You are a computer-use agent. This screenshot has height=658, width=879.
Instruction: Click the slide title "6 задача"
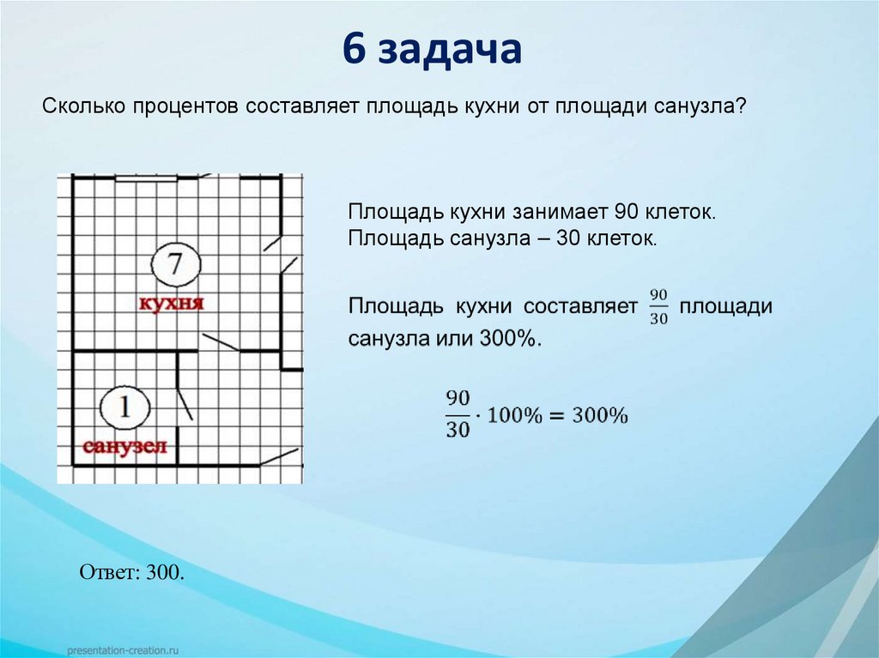click(433, 49)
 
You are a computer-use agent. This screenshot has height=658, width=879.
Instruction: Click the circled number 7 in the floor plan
click(175, 264)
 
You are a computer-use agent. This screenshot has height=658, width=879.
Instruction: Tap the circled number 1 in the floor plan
click(124, 407)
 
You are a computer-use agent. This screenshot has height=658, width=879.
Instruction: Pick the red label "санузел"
click(124, 446)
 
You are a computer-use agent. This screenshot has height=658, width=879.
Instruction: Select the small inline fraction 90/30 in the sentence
click(658, 306)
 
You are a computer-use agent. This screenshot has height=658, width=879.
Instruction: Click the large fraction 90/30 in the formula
click(458, 414)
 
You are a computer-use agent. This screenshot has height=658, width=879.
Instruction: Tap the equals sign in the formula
click(553, 416)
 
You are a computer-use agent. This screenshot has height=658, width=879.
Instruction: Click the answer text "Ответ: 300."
click(132, 572)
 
